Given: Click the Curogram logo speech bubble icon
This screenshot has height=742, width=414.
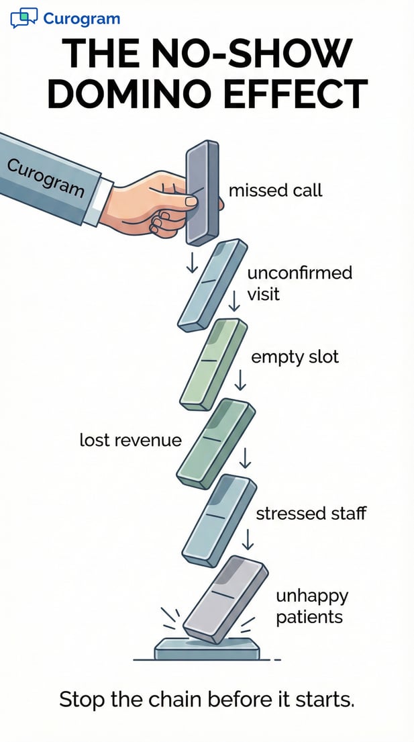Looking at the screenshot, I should pyautogui.click(x=23, y=17).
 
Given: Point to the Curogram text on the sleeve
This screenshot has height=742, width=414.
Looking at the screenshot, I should pyautogui.click(x=46, y=177).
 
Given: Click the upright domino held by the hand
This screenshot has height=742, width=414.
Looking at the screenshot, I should pyautogui.click(x=202, y=191).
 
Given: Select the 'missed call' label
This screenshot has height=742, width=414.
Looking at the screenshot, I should pyautogui.click(x=275, y=190).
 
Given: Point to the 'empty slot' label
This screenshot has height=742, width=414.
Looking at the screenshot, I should pyautogui.click(x=295, y=357).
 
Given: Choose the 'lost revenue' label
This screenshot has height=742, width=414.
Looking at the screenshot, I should pyautogui.click(x=130, y=440).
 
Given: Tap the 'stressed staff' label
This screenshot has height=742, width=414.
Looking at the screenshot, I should pyautogui.click(x=311, y=514).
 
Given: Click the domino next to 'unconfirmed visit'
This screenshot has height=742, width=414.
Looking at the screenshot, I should pyautogui.click(x=209, y=285).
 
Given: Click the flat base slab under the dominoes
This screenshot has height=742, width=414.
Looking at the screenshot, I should pyautogui.click(x=206, y=649).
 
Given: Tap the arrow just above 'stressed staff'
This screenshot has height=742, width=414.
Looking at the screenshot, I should pyautogui.click(x=245, y=458).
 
